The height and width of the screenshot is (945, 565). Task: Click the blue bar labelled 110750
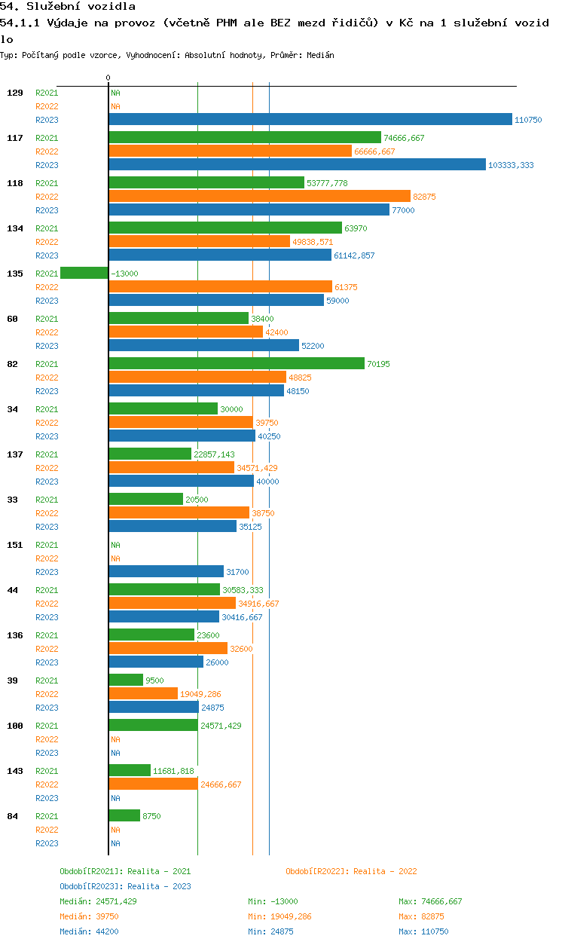(310, 119)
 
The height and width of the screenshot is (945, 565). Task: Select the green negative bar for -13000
(84, 273)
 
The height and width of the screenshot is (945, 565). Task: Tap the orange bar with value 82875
(259, 196)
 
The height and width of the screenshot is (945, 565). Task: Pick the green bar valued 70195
(237, 363)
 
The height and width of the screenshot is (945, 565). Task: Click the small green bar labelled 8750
(124, 815)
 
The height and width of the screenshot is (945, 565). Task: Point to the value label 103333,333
(511, 165)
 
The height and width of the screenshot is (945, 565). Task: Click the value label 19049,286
(200, 694)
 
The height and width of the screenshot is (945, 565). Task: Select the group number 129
(15, 93)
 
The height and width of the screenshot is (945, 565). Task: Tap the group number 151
(15, 545)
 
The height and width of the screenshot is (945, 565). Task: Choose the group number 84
(13, 816)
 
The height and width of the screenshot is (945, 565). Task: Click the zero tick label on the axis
(108, 78)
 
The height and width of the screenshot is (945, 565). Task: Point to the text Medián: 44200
(89, 931)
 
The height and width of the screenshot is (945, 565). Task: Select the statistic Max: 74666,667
(430, 901)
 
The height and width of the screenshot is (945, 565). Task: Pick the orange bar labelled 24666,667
(154, 784)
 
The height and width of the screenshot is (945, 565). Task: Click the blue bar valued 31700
(166, 571)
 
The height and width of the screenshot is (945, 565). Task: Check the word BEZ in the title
(280, 23)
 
